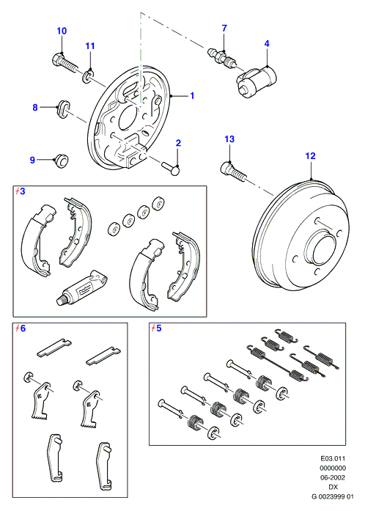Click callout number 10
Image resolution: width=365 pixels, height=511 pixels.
coord(62,31)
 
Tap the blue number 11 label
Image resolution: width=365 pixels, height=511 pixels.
coord(90,46)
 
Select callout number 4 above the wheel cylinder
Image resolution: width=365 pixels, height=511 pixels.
coord(267,43)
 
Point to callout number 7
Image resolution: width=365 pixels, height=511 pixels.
coord(224,29)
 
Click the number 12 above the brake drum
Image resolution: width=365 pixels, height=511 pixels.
coord(310,155)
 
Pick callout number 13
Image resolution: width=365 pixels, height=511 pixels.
coord(229,139)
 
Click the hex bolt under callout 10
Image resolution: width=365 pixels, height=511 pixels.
coord(64,63)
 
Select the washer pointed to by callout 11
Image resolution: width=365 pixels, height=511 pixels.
coord(87,76)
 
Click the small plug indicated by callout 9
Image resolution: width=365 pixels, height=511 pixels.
coord(61,161)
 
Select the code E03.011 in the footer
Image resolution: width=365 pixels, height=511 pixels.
coord(333,458)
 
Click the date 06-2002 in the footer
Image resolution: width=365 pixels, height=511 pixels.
coord(333,477)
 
